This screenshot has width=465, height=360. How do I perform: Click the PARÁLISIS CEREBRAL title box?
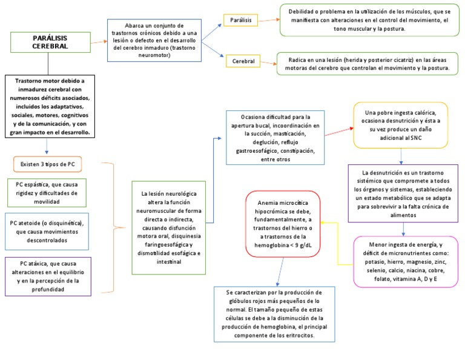(50, 42)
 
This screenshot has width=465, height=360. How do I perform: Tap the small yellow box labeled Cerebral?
(243, 61)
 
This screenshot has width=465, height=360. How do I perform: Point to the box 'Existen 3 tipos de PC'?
(47, 165)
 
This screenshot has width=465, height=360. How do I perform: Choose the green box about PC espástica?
(47, 193)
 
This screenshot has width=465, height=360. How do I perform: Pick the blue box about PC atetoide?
(47, 232)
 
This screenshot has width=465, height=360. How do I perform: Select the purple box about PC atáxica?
(47, 277)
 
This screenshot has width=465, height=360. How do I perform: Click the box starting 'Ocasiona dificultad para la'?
(275, 138)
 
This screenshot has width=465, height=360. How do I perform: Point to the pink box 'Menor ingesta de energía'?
(405, 262)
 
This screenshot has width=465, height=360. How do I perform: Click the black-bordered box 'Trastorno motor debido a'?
(50, 106)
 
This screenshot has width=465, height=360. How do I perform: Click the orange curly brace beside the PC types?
(111, 227)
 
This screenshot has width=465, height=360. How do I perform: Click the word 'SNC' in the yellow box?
(415, 138)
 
